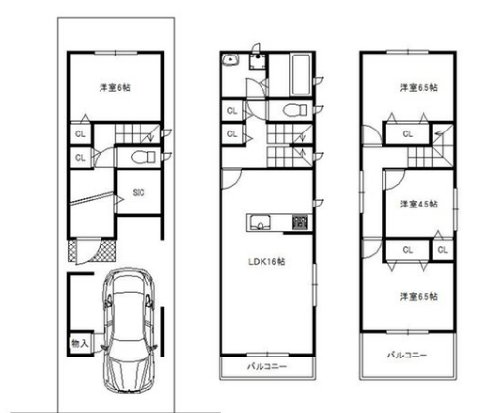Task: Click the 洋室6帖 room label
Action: pos(115,87)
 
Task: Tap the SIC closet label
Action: pos(139,192)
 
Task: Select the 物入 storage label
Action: pos(80,343)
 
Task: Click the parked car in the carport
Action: pos(129,328)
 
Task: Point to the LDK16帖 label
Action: pos(266,261)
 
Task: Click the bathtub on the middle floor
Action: pos(302,74)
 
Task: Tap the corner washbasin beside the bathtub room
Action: pos(230,60)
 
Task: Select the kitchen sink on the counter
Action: pos(260,223)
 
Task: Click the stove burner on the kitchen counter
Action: pos(302,223)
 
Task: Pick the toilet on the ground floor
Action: pos(142,158)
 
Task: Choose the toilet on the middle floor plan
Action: pos(295,110)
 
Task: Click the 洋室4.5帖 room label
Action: pos(419,204)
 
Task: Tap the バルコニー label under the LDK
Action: pos(266,367)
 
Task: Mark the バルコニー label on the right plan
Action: pos(407,355)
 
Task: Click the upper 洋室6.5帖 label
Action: pos(419,87)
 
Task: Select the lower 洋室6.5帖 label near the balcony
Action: pos(419,296)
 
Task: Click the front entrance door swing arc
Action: pos(92,254)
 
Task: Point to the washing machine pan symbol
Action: pos(259,61)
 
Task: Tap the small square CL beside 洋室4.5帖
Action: pos(443,250)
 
